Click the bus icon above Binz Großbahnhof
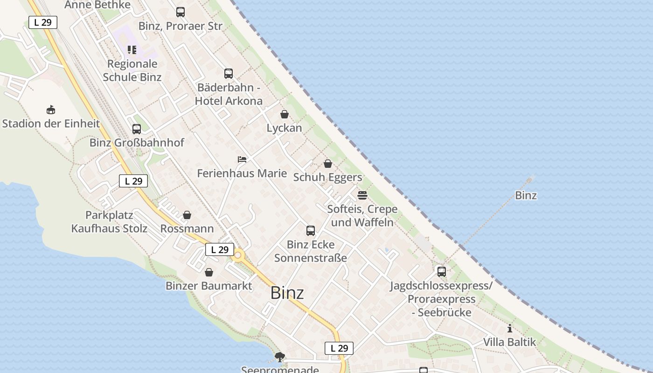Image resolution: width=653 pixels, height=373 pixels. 136,129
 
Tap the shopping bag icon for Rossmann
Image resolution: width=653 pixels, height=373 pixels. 187,215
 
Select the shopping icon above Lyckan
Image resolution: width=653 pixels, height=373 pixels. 285,114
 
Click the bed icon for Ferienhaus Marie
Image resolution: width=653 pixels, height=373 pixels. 242,159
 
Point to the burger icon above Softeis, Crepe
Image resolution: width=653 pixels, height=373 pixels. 362,195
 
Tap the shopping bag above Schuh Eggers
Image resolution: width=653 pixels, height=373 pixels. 328,164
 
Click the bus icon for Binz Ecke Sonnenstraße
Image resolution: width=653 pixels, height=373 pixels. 311,230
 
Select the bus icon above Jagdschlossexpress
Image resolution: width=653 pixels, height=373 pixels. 441,271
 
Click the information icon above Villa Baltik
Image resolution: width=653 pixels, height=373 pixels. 509,328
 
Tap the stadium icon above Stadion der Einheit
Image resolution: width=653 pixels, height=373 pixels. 51,110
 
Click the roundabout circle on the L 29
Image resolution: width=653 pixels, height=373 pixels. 239,255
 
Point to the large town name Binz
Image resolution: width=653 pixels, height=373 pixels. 287,293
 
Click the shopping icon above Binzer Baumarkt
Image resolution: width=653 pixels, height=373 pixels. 209,272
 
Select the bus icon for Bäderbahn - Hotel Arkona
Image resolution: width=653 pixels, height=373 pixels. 228,74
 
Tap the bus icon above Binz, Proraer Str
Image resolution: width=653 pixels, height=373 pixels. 180,12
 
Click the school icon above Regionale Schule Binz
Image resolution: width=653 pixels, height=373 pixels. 132,50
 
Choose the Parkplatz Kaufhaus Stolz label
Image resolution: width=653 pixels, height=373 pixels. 109,222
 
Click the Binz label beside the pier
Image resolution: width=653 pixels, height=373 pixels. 526,195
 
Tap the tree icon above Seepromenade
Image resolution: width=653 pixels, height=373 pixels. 280,358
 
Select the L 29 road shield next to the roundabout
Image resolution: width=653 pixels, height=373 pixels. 220,249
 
